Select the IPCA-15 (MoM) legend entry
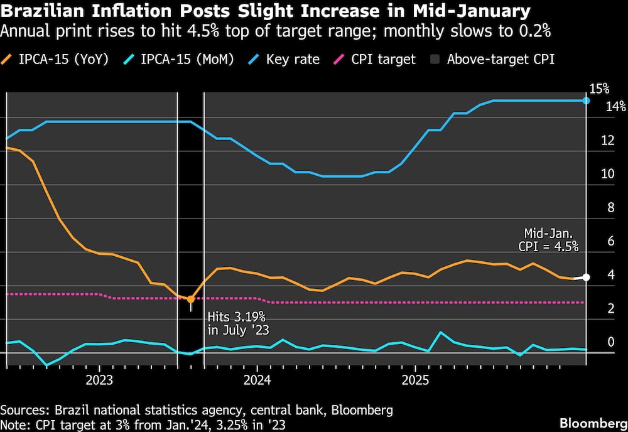(x=181, y=60)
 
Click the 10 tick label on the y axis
(x=607, y=175)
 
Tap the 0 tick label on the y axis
(x=610, y=343)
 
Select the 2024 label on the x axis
(x=257, y=381)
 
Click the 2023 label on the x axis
(x=99, y=381)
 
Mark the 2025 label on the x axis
(x=414, y=381)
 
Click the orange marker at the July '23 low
(x=191, y=300)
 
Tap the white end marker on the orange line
(x=586, y=277)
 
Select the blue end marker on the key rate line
(x=586, y=100)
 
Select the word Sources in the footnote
(x=23, y=411)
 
